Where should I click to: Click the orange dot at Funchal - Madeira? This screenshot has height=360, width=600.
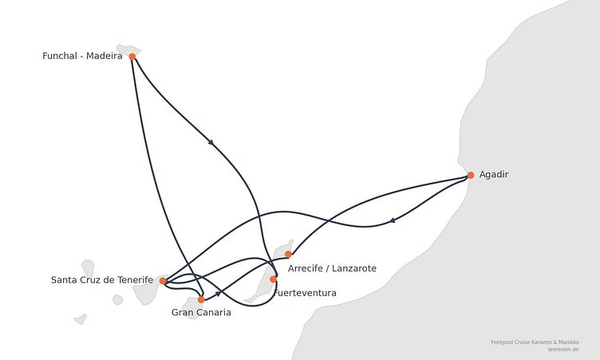point(132,57)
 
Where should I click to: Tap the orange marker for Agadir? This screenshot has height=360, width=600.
point(471,175)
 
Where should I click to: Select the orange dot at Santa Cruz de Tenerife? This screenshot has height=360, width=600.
point(163,281)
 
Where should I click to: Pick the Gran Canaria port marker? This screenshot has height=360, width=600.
point(201,299)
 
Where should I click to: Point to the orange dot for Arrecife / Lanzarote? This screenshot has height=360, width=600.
point(288,255)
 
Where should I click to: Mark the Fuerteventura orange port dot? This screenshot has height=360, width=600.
point(273,279)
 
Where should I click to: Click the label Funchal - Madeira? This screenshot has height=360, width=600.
point(82,56)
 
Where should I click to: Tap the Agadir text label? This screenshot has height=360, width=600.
point(494,175)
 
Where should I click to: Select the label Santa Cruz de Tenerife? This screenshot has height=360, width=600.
point(102,280)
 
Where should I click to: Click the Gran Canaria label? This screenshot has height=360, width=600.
point(201,313)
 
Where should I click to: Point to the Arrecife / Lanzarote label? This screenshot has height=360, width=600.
point(332,268)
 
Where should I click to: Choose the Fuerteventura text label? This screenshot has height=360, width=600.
point(306,293)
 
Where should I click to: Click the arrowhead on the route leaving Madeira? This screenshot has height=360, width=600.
point(211,142)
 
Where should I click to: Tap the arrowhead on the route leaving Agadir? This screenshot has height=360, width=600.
point(393,220)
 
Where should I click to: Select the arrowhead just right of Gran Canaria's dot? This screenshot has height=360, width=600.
point(218,294)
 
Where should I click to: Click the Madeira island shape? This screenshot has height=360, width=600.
point(128,49)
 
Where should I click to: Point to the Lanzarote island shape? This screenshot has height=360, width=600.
point(284,249)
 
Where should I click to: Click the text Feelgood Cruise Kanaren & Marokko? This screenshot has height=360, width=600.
point(535,342)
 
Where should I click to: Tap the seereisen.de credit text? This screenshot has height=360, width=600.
point(562,350)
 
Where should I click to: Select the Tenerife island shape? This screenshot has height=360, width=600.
point(148,291)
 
